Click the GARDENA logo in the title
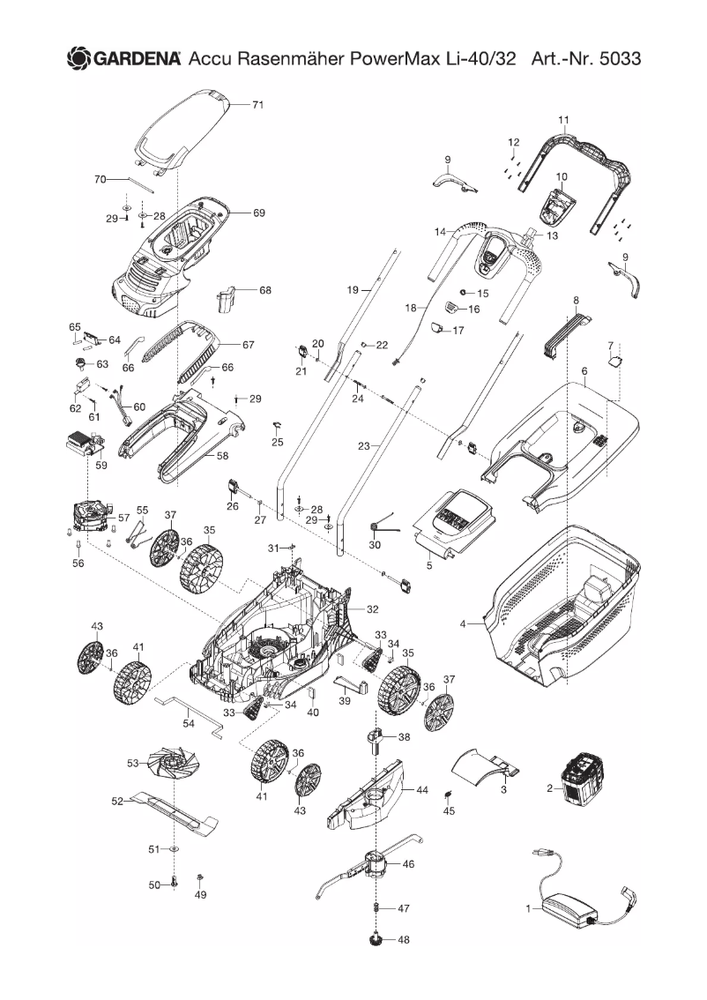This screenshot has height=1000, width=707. click(123, 58)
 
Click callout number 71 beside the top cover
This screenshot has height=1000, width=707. click(258, 105)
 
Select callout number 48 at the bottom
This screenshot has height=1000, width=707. click(404, 940)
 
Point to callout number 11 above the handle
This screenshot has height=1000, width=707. click(564, 119)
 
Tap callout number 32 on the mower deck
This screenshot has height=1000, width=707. click(372, 609)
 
